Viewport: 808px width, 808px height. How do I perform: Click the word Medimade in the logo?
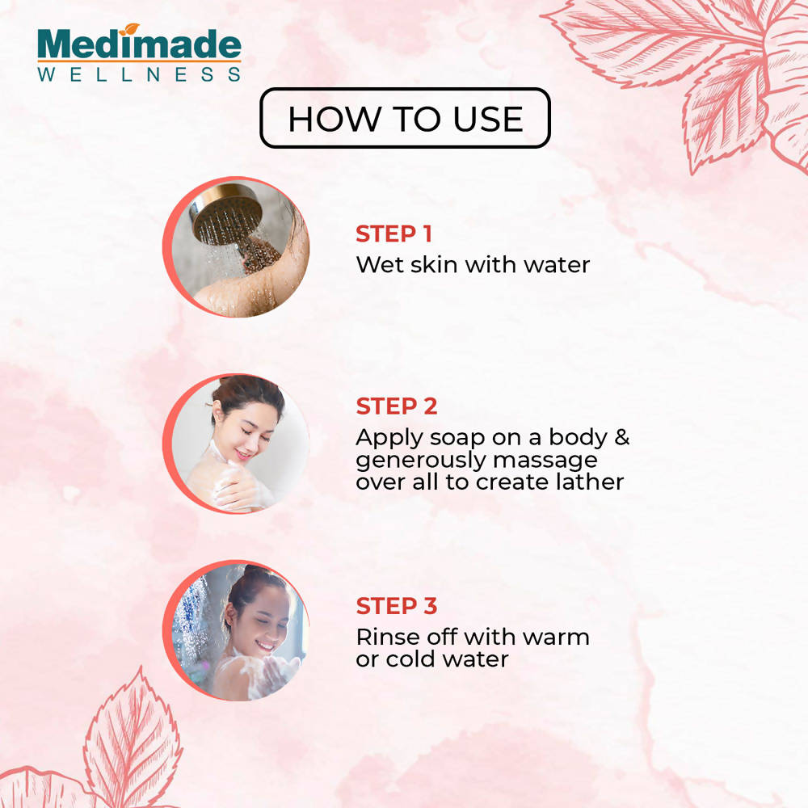pos(139,44)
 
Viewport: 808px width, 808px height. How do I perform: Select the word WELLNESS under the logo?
pos(139,74)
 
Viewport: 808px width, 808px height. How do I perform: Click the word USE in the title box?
pos(489,119)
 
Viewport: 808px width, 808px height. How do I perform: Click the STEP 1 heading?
pos(393,234)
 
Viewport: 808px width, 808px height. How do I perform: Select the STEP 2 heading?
pos(396,406)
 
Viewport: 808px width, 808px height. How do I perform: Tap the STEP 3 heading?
pos(396,606)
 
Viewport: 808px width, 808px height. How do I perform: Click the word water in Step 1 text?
pos(557,265)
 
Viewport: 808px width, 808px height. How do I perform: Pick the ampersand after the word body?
pos(622,437)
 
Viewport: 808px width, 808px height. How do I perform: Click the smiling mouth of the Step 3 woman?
pos(265,645)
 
